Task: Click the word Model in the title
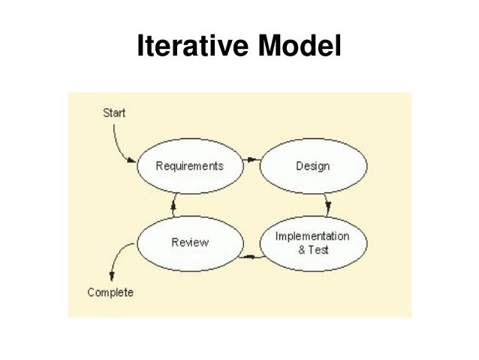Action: tap(300, 47)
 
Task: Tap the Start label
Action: tap(114, 113)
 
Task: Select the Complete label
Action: tap(110, 292)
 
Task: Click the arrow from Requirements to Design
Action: tap(252, 159)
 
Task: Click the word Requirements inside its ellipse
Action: tap(189, 165)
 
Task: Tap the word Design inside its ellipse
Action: tap(313, 165)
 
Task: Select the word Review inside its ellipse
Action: tap(190, 242)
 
